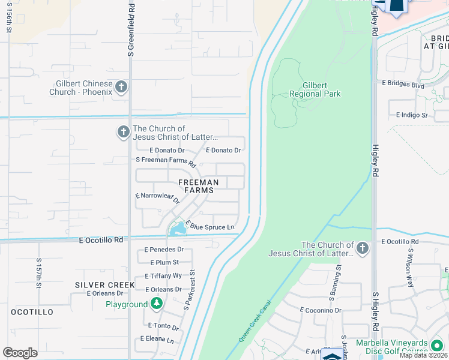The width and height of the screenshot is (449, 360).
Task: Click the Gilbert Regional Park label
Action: pos(315,89)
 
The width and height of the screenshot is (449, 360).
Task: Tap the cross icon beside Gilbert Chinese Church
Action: pos(121,87)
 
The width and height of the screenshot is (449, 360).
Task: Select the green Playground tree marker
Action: pos(156,304)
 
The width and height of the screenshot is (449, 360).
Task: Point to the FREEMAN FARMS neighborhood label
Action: pos(198,186)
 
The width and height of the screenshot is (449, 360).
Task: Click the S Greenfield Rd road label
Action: pos(130,30)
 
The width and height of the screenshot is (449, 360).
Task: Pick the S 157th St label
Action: pos(38,274)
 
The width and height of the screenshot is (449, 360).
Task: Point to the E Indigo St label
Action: pos(411,115)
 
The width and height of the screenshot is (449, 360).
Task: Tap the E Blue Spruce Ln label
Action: pos(210,226)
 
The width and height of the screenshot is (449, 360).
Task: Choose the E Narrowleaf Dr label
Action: pos(158,198)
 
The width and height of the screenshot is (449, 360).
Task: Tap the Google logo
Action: pos(20,352)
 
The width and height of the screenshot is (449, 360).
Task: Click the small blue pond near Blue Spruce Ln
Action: pos(178,229)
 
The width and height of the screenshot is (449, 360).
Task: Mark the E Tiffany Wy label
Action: pos(163,275)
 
